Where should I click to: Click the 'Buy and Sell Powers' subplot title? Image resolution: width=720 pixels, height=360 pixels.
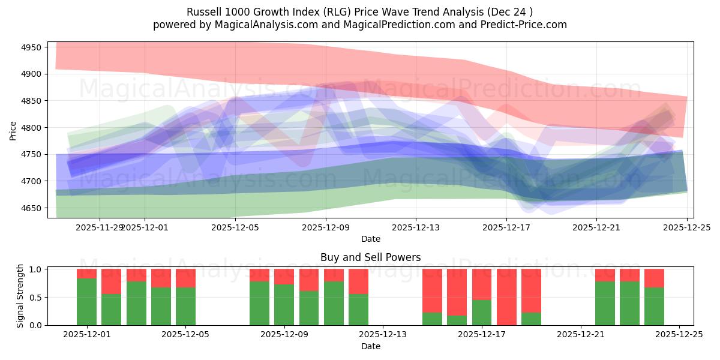coord(370,257)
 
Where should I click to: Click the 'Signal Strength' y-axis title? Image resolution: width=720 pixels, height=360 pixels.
coord(20,296)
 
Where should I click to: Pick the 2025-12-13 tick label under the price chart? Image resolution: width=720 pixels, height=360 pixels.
coord(416,227)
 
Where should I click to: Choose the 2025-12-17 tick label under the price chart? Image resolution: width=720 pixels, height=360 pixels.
coord(506,227)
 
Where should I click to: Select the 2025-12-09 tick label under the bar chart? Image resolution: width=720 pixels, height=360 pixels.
coord(284,335)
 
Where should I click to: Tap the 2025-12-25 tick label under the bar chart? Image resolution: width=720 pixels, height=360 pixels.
coord(679,335)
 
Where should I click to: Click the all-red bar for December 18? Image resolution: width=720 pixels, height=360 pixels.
coord(506,297)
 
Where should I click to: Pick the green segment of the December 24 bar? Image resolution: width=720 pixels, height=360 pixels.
coord(654,306)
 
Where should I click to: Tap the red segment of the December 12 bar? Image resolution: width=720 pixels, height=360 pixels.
coord(358,281)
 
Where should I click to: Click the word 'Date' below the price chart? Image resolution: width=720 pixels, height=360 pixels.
coord(370,239)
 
